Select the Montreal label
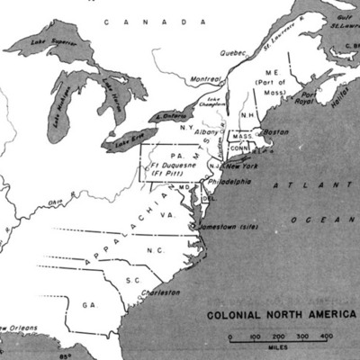[207, 80]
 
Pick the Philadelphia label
[229, 181]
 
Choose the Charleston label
[163, 292]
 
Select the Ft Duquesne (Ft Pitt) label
[172, 166]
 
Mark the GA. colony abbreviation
[88, 305]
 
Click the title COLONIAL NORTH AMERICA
[281, 316]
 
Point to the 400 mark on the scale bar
[326, 336]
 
